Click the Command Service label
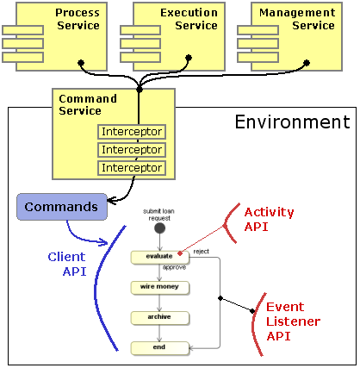click(x=83, y=104)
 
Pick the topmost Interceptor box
click(x=131, y=132)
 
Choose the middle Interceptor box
click(x=131, y=150)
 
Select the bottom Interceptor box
click(x=131, y=167)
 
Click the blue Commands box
click(x=61, y=207)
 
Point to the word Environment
click(x=292, y=122)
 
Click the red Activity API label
click(x=268, y=219)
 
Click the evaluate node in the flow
click(x=159, y=257)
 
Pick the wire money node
click(x=159, y=286)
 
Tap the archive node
click(x=159, y=316)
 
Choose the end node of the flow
click(x=159, y=347)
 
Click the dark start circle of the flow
click(x=159, y=229)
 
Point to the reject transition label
click(x=201, y=251)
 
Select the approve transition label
click(x=174, y=268)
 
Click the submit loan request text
click(x=160, y=213)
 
